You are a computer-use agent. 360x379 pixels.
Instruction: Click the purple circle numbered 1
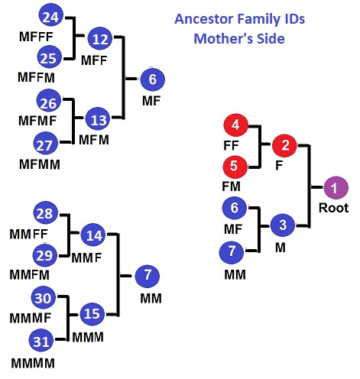(x=336, y=188)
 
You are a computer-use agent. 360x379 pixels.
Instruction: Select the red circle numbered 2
(x=284, y=145)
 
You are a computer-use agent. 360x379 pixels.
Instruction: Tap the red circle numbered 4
(x=235, y=125)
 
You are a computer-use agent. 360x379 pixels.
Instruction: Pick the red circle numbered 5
(x=235, y=167)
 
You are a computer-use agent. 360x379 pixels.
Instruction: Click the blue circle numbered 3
(x=283, y=225)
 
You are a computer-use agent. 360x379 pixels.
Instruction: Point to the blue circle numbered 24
(x=51, y=16)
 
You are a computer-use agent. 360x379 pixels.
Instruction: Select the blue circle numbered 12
(x=100, y=38)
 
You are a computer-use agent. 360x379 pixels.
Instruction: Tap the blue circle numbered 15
(x=92, y=314)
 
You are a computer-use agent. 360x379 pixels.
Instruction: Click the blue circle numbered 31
(x=41, y=341)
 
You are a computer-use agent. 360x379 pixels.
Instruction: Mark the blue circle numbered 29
(x=45, y=255)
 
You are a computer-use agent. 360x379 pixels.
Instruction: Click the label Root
(x=333, y=208)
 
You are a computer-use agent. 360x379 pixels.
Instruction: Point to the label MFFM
(x=36, y=77)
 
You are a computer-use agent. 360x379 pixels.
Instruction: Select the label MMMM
(x=33, y=363)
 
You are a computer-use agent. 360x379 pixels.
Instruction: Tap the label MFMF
(x=37, y=121)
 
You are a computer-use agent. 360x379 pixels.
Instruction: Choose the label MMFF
(x=28, y=234)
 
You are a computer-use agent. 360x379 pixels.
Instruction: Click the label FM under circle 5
(x=231, y=186)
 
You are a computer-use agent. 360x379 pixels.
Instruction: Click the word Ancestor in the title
(x=204, y=19)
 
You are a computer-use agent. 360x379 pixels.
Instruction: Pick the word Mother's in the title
(x=223, y=39)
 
